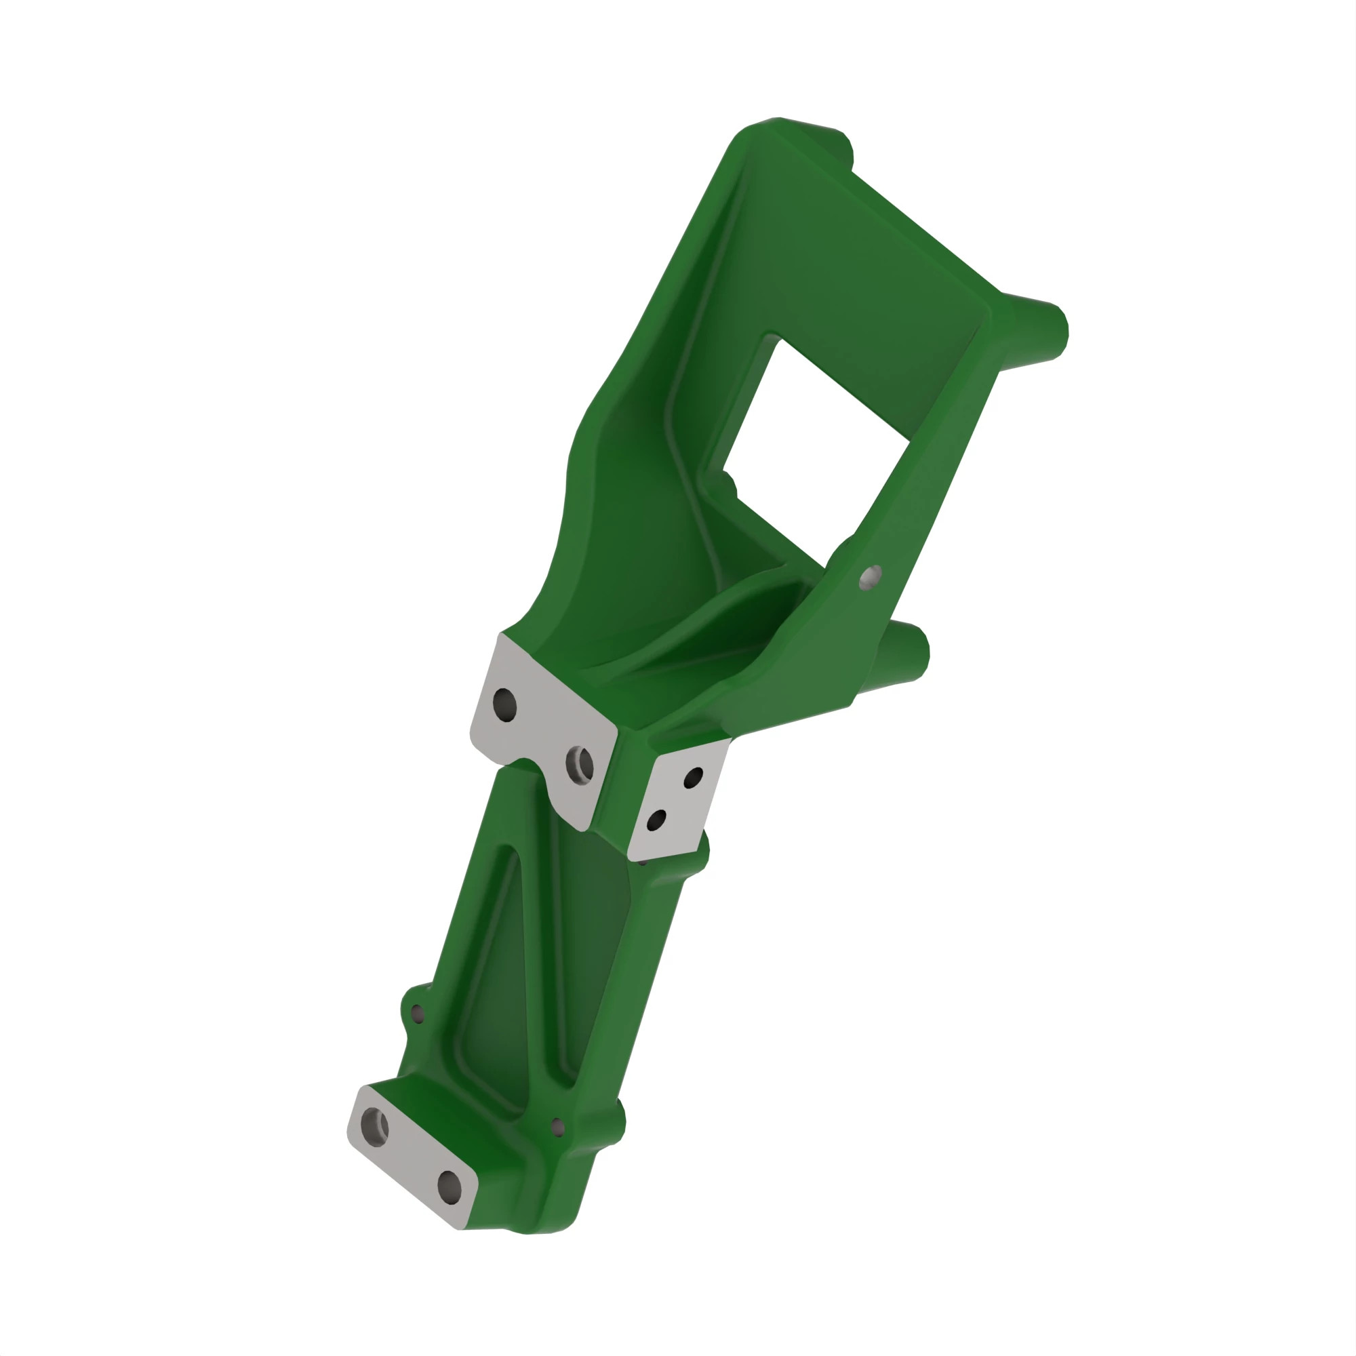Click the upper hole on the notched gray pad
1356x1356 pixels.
point(504,704)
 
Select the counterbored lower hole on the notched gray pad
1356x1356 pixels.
point(580,765)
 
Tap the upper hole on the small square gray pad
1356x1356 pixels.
point(693,777)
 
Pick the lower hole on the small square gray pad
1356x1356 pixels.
point(656,820)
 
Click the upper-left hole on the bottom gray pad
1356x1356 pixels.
point(374,1125)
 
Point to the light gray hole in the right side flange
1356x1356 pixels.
point(871,576)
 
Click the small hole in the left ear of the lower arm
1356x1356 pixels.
point(418,1014)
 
